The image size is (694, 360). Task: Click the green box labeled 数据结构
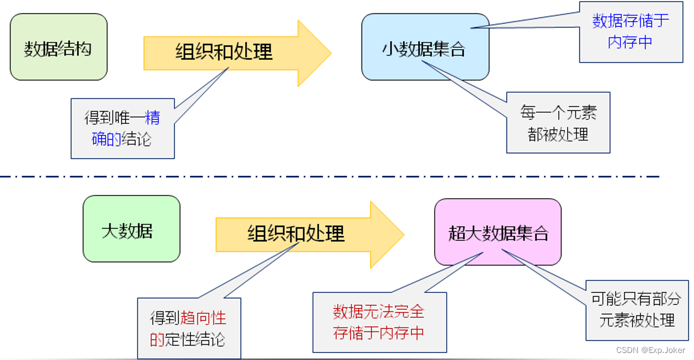pos(58,47)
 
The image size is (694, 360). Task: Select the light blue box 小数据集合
pos(425,47)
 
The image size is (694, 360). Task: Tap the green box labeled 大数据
pos(131,229)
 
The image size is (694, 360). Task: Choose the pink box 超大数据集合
pos(498,232)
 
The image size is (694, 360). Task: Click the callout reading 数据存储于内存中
pos(631,32)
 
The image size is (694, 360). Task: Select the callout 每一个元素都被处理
pos(558,123)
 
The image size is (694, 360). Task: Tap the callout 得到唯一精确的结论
pos(123,128)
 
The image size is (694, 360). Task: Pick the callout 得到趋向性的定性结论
pos(189,328)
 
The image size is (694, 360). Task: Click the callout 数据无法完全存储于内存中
pos(379,322)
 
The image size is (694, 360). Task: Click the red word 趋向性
pos(203,319)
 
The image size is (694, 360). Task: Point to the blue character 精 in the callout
pos(152,117)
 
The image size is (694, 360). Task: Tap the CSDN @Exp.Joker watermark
pos(650,350)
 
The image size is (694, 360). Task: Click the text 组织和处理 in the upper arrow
pos(224,52)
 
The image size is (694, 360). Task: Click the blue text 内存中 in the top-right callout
pos(630,42)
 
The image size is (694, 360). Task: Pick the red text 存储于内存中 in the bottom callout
pos(379,333)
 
